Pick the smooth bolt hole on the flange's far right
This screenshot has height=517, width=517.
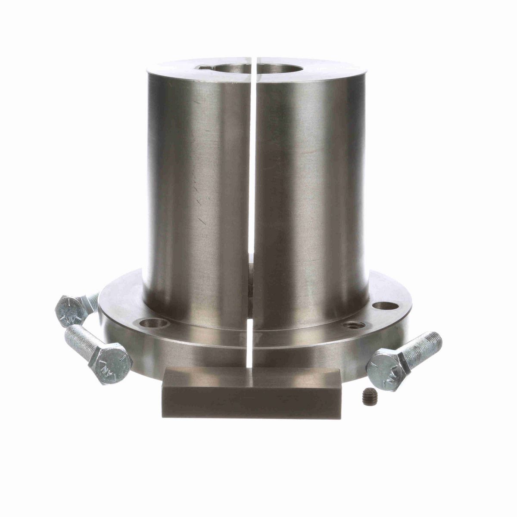383,306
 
